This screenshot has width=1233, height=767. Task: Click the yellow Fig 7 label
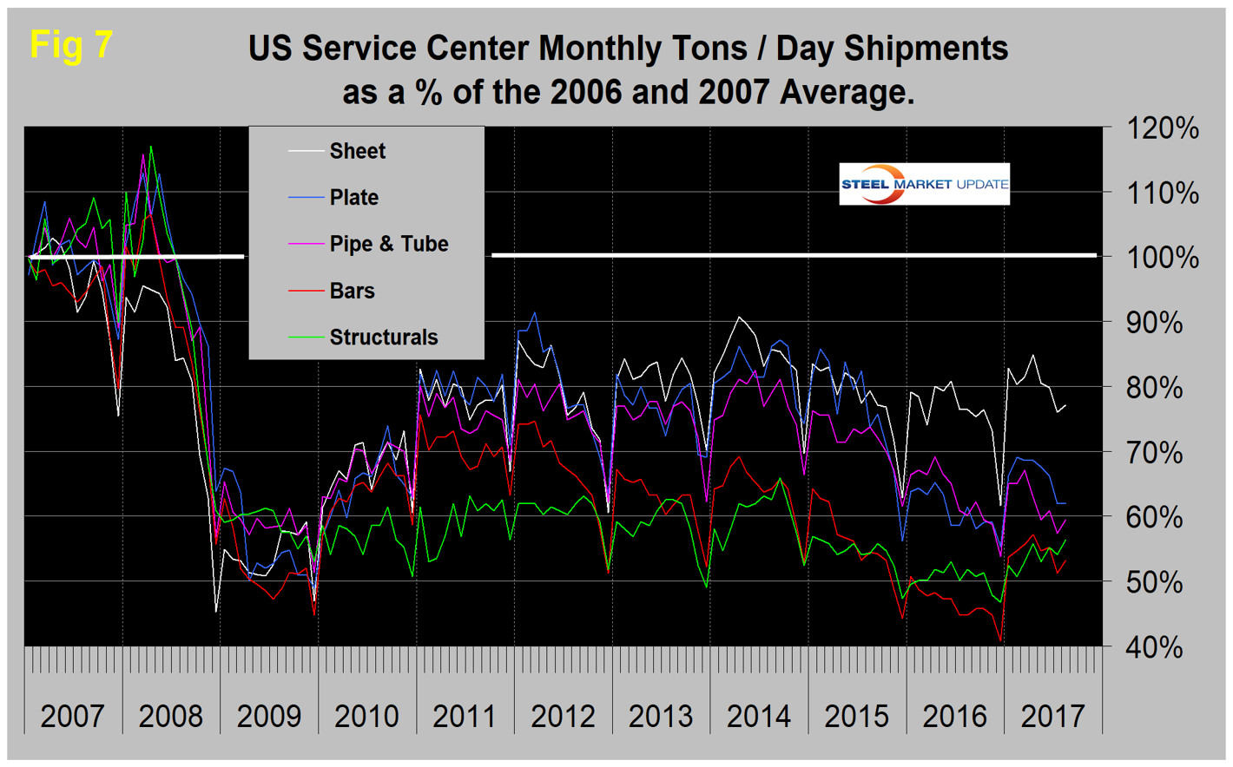click(71, 44)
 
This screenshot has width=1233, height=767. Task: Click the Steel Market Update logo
click(924, 184)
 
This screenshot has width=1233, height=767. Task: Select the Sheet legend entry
click(357, 151)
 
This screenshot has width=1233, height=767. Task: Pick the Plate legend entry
click(353, 198)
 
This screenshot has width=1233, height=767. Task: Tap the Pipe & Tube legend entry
click(388, 244)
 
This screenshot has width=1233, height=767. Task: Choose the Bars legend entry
click(352, 291)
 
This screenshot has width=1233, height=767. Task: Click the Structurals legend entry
click(383, 338)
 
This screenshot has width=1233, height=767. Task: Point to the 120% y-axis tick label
click(1163, 129)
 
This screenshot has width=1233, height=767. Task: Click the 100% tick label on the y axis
click(1163, 259)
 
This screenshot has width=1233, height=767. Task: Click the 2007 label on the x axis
click(73, 717)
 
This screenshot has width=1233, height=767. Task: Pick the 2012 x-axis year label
click(563, 717)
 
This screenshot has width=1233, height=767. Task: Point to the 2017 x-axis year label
click(1052, 717)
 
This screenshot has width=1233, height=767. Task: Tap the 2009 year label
click(269, 717)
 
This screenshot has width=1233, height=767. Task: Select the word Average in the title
click(843, 92)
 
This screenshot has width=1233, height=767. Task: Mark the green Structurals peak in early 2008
click(151, 147)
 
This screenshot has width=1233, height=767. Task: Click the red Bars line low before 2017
click(1000, 641)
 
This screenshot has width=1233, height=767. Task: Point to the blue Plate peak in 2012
click(534, 313)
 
